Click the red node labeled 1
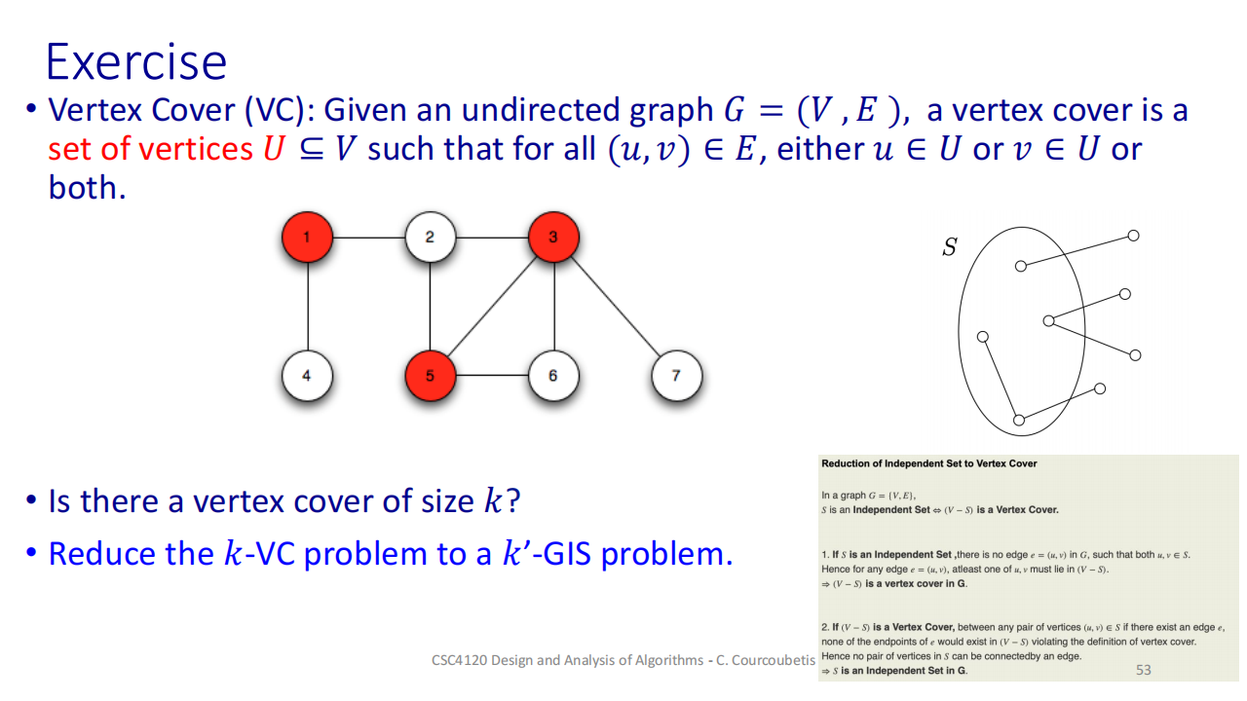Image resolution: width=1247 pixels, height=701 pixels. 307,237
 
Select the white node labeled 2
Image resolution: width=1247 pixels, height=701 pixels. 430,237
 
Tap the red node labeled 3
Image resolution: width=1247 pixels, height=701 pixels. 553,237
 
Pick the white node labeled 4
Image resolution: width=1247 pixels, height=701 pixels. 307,375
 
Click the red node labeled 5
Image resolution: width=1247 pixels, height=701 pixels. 430,375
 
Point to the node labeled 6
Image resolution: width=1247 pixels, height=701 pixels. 553,375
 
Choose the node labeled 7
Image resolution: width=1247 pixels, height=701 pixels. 676,375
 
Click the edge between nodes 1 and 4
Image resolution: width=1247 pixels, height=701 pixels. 307,306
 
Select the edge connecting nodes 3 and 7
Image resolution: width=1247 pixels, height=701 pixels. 615,306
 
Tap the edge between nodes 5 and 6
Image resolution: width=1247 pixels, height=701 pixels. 492,375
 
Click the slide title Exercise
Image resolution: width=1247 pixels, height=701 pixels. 135,61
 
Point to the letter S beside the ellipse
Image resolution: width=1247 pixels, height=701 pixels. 949,248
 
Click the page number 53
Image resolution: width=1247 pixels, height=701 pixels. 1143,670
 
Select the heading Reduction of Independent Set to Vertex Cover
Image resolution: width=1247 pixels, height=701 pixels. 929,463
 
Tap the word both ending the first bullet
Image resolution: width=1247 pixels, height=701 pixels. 86,187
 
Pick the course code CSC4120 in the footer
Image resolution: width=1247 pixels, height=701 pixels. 459,660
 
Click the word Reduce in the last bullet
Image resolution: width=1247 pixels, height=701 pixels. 100,553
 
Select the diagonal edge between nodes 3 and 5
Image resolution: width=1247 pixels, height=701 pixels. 492,306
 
